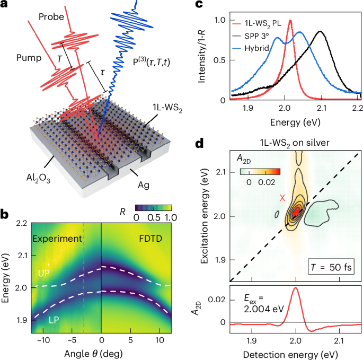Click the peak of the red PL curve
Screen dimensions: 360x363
point(290,21)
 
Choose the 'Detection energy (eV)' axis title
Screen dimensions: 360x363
point(295,353)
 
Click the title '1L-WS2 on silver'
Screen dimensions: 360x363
point(295,142)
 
